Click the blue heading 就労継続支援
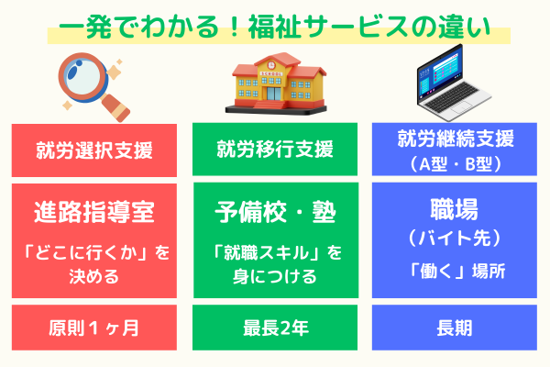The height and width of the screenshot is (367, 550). point(455,139)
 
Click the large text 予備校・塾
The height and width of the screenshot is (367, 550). point(274,213)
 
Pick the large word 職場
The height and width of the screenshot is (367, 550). point(455,206)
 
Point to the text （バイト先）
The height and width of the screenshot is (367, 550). point(455,236)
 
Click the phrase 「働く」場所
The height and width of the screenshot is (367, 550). point(455,271)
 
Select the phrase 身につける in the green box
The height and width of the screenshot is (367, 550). point(274,275)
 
